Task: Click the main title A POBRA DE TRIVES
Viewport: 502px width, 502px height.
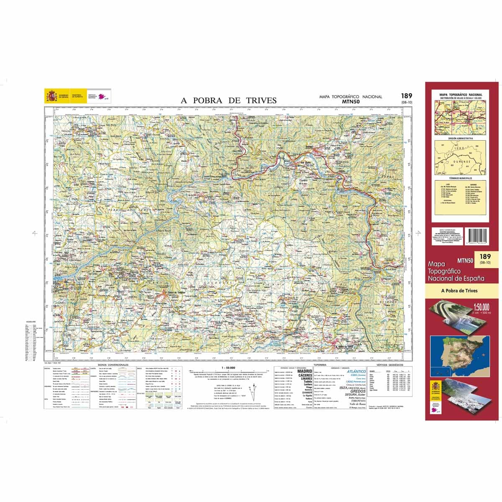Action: pyautogui.click(x=228, y=100)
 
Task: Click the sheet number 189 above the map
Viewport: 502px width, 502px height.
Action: pyautogui.click(x=406, y=96)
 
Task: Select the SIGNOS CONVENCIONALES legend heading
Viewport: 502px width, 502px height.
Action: pyautogui.click(x=113, y=365)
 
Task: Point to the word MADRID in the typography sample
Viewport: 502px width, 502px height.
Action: pyautogui.click(x=305, y=371)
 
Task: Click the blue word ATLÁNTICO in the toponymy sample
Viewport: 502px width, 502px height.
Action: pyautogui.click(x=356, y=371)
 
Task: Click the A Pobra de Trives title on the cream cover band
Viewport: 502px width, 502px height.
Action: pyautogui.click(x=459, y=291)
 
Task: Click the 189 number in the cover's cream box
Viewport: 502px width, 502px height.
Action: pyautogui.click(x=485, y=256)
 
